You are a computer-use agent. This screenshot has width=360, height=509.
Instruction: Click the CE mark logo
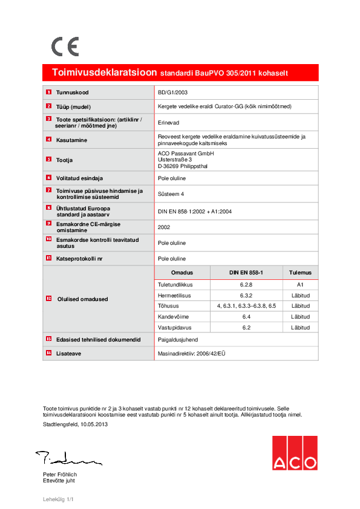[x=65, y=47]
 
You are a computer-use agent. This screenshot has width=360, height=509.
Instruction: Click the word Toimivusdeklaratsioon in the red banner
[x=105, y=73]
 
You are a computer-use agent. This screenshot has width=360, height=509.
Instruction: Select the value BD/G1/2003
[x=173, y=92]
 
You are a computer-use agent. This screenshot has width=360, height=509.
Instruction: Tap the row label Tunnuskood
[x=73, y=92]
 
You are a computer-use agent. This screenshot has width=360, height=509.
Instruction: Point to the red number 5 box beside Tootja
[x=48, y=160]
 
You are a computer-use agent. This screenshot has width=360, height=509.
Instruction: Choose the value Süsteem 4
[x=171, y=194]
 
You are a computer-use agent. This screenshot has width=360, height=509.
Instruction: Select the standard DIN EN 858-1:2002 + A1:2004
[x=195, y=212]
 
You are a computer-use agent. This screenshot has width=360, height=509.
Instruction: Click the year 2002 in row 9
[x=164, y=227]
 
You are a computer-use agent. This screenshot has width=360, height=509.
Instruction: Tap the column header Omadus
[x=182, y=273]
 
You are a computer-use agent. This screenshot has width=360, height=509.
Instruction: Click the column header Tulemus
[x=300, y=273]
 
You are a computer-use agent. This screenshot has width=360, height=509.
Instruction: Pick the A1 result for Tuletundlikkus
[x=300, y=284]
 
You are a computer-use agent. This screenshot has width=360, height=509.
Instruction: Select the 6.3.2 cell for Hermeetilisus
[x=246, y=295]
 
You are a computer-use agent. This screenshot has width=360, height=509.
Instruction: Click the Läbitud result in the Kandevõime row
[x=300, y=317]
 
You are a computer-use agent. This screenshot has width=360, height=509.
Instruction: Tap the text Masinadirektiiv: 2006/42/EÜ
[x=194, y=352]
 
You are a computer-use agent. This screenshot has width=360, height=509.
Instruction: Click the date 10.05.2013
[x=93, y=424]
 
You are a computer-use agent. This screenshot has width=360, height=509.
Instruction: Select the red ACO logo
[x=294, y=452]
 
